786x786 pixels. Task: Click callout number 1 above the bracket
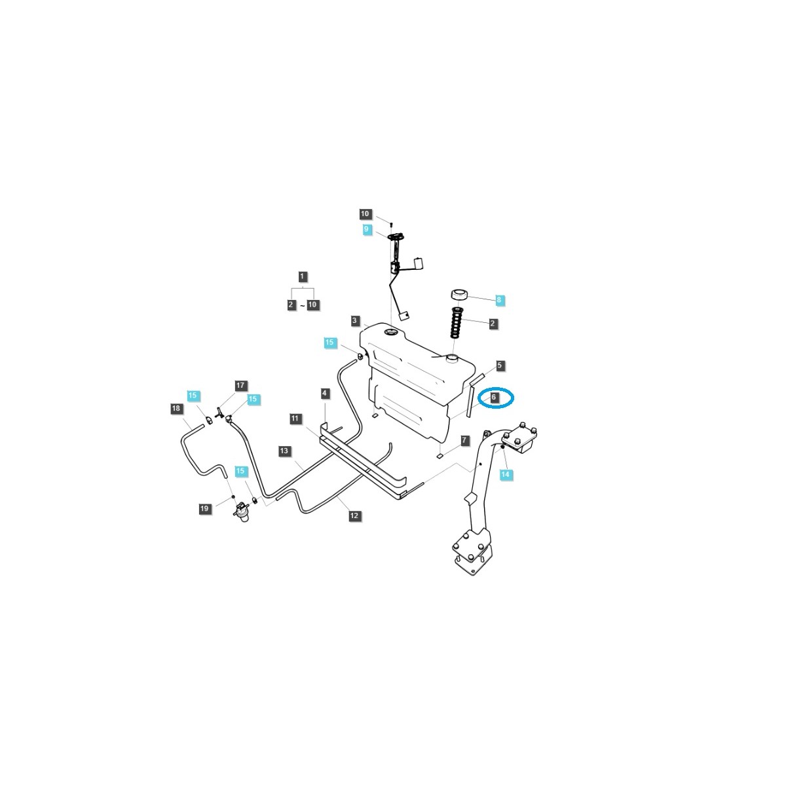point(302,276)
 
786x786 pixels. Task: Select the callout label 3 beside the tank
point(354,321)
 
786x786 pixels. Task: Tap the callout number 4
point(325,393)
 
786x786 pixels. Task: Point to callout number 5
point(500,365)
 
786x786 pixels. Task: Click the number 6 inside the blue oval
point(494,397)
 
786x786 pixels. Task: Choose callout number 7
point(464,441)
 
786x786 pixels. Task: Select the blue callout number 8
point(499,300)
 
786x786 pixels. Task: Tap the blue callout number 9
point(367,229)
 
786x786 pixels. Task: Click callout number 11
point(295,418)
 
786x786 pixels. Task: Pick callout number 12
point(354,516)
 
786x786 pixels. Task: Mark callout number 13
point(284,451)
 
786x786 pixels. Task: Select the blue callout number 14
point(505,474)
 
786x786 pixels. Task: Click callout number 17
point(240,386)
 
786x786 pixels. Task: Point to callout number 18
point(176,409)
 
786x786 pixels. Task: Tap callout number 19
point(204,508)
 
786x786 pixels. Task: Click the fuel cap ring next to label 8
point(459,294)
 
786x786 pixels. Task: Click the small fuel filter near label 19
point(243,512)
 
